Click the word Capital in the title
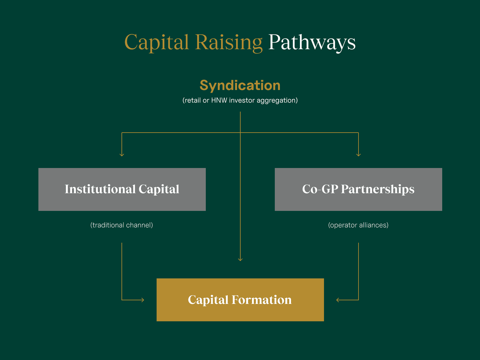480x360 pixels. [x=156, y=43]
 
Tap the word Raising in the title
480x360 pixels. [x=229, y=43]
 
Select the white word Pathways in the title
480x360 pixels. [x=312, y=43]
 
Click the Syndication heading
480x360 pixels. [x=240, y=85]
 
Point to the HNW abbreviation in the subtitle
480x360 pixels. [x=219, y=100]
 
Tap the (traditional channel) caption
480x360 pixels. [x=121, y=225]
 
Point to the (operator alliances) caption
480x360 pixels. [x=358, y=225]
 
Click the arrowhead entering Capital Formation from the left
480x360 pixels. [x=143, y=300]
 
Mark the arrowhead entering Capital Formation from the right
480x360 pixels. [x=338, y=300]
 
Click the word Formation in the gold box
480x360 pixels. [x=261, y=300]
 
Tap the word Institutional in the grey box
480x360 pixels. [x=100, y=189]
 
